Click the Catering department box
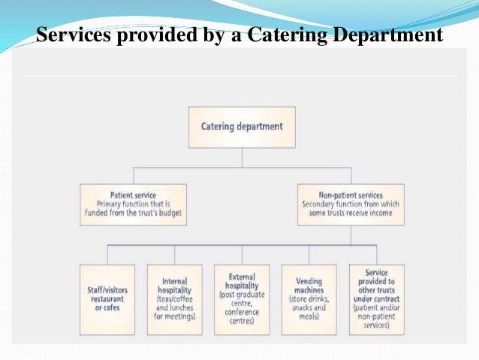coord(242,126)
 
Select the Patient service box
coord(133,204)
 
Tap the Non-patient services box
coord(351,204)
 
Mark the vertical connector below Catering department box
coord(242,157)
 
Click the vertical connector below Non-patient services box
coord(351,234)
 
